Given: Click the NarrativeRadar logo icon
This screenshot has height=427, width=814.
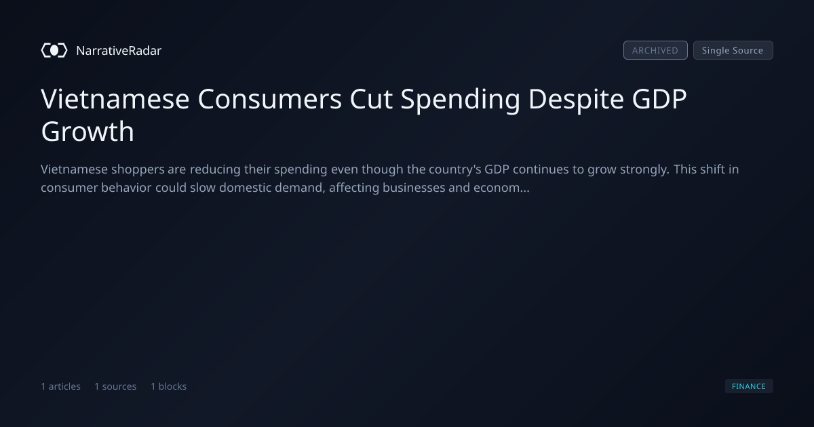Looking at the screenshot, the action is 54,50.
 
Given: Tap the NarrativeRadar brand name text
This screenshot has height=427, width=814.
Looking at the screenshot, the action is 119,50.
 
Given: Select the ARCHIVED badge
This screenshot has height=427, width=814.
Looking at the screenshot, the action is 655,50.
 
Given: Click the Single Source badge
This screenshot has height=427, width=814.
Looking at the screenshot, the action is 733,50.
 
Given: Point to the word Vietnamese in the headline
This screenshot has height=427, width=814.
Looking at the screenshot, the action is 115,99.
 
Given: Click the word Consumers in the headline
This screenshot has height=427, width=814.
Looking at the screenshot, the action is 270,99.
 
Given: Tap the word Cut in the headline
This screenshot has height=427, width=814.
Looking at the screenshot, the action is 371,99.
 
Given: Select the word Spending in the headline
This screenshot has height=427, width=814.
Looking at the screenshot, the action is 461,100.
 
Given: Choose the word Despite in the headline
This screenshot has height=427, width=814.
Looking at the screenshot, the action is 576,100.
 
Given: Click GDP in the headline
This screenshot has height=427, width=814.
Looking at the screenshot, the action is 659,99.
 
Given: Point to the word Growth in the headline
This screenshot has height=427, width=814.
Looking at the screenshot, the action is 88,131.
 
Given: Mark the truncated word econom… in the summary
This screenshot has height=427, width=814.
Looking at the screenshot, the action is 501,188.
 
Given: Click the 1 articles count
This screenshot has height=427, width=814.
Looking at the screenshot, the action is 60,386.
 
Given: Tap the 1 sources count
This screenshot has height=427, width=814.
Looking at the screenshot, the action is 115,386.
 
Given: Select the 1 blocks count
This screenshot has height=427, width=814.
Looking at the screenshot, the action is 169,386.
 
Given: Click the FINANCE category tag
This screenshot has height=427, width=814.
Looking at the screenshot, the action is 749,386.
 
